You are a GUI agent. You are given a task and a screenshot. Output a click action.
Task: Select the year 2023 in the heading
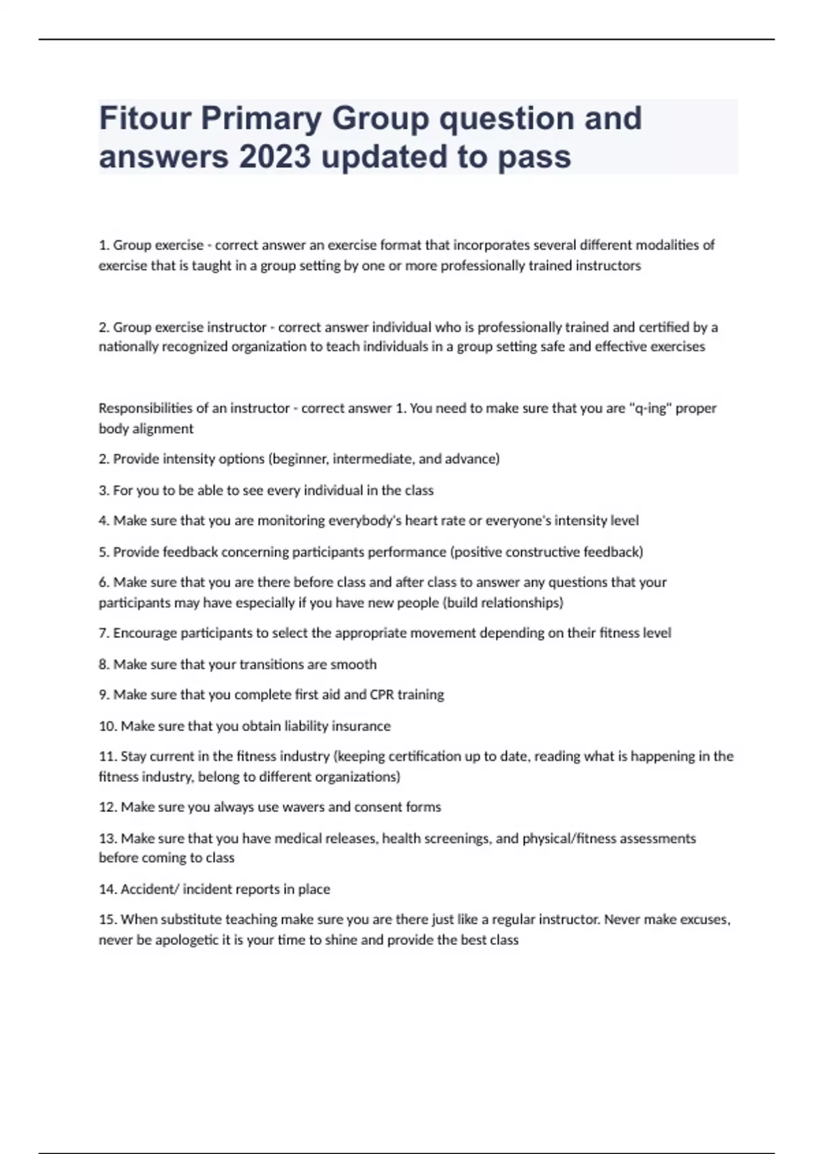click(x=274, y=157)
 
